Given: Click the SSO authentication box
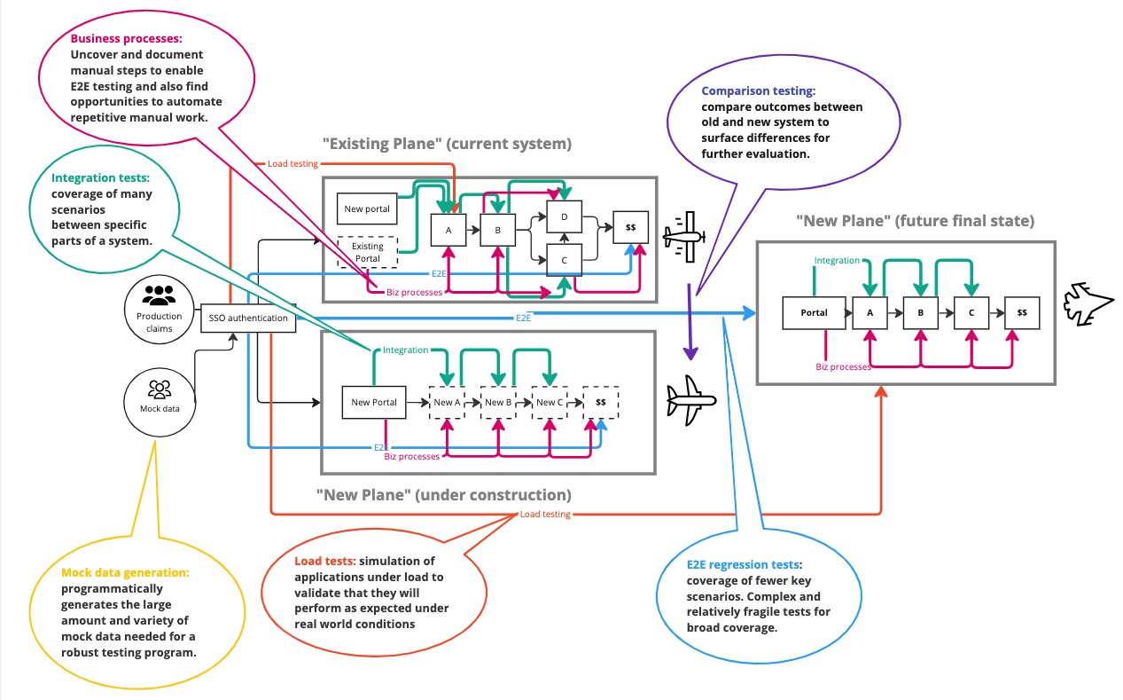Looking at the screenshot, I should pyautogui.click(x=247, y=318).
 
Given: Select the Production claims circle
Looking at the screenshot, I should pyautogui.click(x=160, y=310).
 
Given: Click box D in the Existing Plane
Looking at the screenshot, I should pyautogui.click(x=564, y=216).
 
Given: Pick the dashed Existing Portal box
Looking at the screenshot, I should pyautogui.click(x=368, y=253).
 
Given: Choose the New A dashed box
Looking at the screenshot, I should pyautogui.click(x=448, y=402).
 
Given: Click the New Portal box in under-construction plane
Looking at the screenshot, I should pyautogui.click(x=373, y=402).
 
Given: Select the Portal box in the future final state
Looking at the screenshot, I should pyautogui.click(x=814, y=312).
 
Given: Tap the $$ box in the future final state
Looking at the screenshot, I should pyautogui.click(x=1022, y=312).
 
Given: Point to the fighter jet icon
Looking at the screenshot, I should pyautogui.click(x=1086, y=301).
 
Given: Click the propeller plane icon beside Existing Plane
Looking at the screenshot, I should pyautogui.click(x=684, y=236).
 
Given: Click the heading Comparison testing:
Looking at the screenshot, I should pyautogui.click(x=758, y=90).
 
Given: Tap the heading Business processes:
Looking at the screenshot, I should pyautogui.click(x=126, y=39).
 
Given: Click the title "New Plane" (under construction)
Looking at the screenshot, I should pyautogui.click(x=443, y=494).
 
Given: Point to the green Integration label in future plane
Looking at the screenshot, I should pyautogui.click(x=837, y=260).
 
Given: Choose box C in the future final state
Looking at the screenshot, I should pyautogui.click(x=971, y=312).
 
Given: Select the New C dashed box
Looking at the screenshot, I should pyautogui.click(x=550, y=402).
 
